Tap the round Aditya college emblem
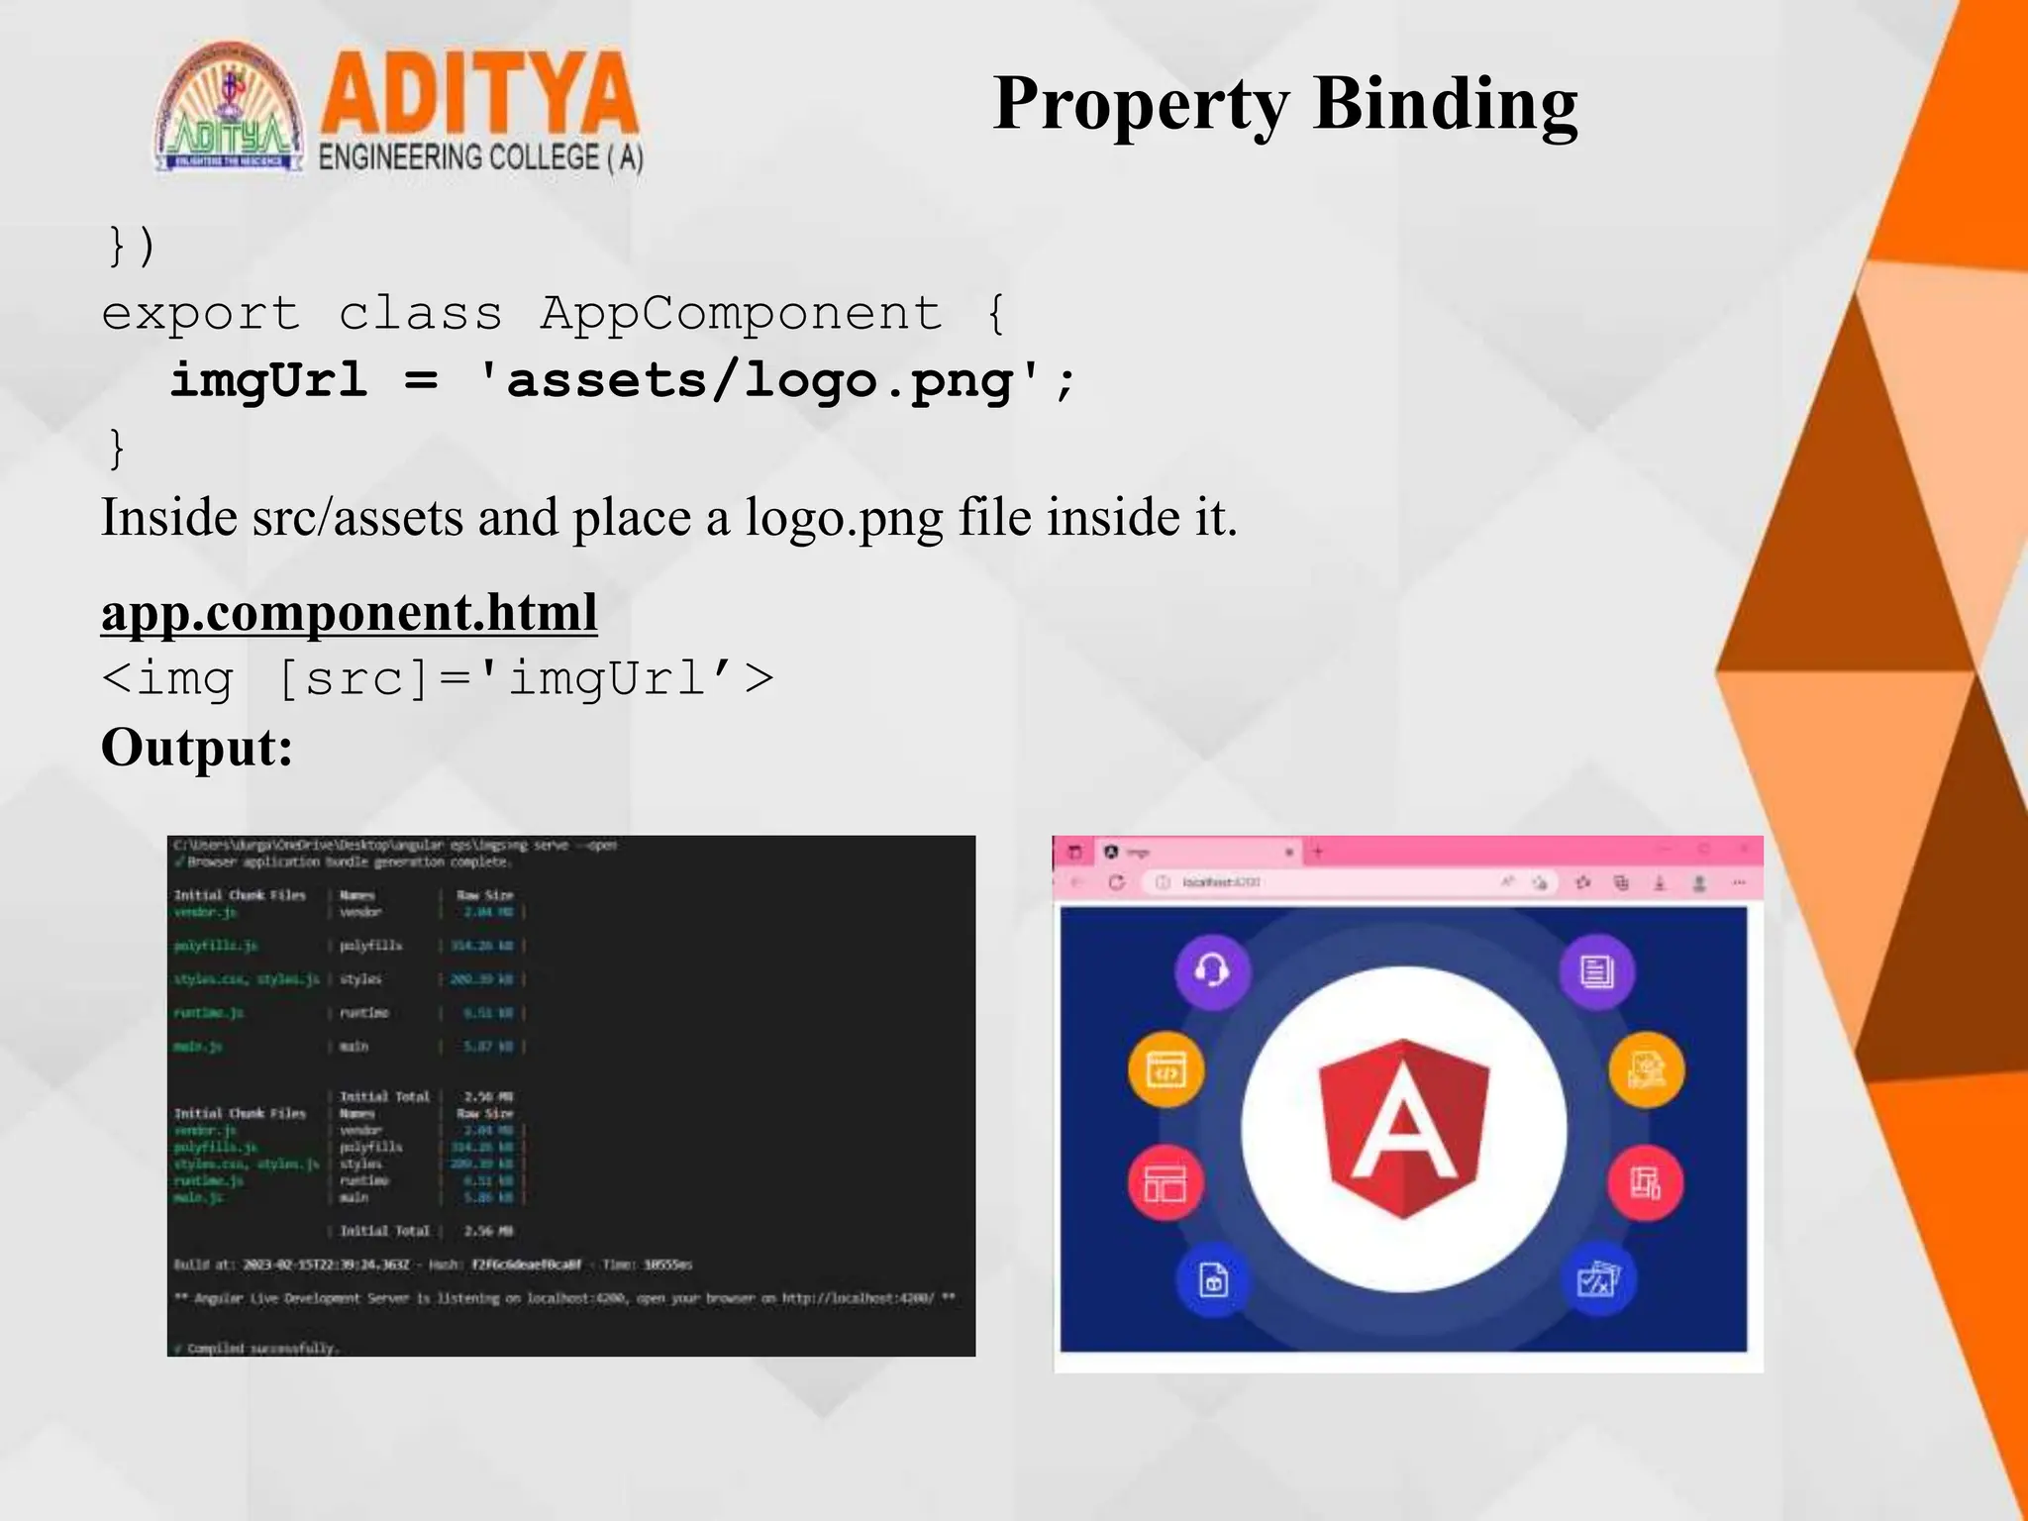[230, 109]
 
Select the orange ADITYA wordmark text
[478, 94]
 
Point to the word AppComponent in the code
[741, 314]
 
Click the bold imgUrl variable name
[268, 381]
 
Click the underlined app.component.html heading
[349, 612]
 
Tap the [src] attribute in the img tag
[352, 679]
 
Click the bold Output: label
[197, 747]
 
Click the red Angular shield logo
[1403, 1127]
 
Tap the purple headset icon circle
[1212, 970]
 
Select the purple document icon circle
[1596, 971]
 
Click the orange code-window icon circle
[1166, 1071]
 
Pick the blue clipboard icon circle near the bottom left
[1213, 1279]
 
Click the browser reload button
[1117, 882]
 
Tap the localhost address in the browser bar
[1221, 882]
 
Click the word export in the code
[200, 315]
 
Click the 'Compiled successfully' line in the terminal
[257, 1348]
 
